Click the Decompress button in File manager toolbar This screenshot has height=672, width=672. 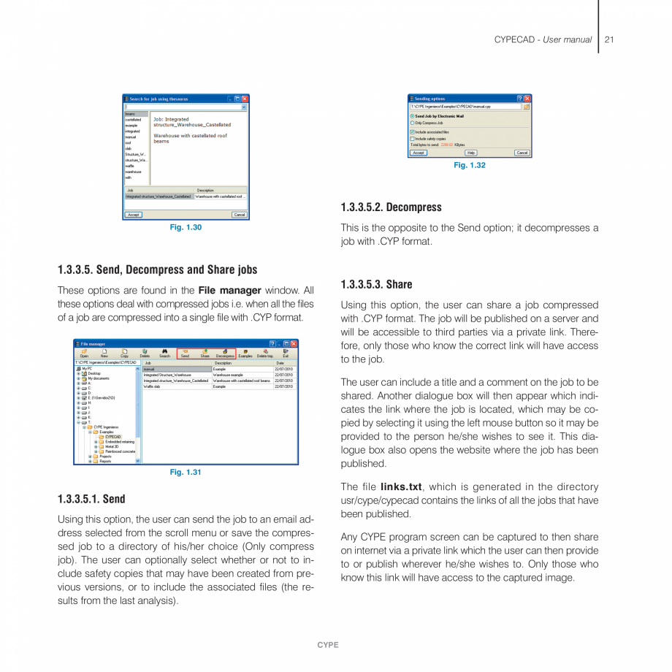(225, 354)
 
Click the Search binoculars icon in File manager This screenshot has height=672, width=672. (165, 354)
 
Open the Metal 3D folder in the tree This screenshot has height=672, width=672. (112, 446)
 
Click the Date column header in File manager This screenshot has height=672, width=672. (280, 362)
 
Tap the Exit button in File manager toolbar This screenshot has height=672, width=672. (286, 354)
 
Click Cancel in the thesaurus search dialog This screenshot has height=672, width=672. (239, 215)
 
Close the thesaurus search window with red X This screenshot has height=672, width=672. (245, 99)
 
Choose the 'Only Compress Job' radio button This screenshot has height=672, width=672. (413, 123)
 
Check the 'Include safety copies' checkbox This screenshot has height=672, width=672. (413, 138)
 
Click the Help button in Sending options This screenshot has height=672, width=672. (470, 153)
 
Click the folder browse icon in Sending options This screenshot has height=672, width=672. (527, 107)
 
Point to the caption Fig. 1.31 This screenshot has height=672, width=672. (186, 473)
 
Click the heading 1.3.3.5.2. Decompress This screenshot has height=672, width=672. (391, 207)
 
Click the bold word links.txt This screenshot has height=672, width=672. (402, 486)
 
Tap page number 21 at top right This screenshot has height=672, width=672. (608, 39)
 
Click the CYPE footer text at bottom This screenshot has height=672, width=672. (328, 645)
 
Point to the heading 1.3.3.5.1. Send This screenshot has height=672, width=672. (91, 500)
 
